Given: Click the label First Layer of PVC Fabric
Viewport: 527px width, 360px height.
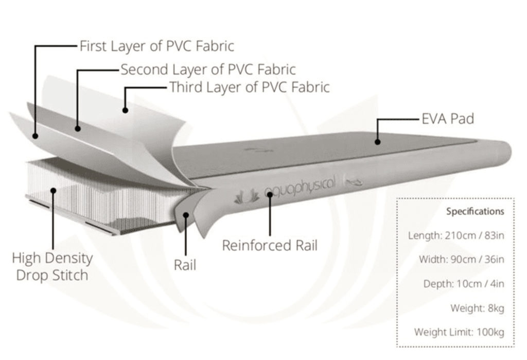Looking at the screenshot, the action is [x=156, y=46].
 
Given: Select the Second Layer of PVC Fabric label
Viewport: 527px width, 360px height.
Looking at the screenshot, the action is [x=208, y=70].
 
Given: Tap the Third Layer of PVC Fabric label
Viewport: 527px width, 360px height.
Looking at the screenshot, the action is [x=249, y=87].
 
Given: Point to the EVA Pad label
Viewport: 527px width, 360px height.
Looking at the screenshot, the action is [x=448, y=119].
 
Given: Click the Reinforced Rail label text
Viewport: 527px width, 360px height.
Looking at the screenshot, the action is [x=270, y=246].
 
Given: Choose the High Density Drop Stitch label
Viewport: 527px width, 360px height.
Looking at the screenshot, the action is [x=52, y=267].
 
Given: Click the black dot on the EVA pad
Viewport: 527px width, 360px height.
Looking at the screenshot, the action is [x=377, y=142].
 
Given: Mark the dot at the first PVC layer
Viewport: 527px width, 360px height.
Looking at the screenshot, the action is [x=36, y=136].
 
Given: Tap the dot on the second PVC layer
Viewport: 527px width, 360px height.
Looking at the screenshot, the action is [x=78, y=128].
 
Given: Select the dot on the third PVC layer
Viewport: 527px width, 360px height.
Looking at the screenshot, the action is [x=125, y=110].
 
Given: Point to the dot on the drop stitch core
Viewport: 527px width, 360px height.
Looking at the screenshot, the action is [x=53, y=191].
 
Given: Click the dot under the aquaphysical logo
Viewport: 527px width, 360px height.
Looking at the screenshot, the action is [x=270, y=194].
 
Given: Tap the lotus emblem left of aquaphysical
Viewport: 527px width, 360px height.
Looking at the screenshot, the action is [x=247, y=196].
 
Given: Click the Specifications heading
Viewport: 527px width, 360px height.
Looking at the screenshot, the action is [x=475, y=212].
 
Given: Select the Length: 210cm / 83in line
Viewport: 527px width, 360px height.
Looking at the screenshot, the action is [x=456, y=235].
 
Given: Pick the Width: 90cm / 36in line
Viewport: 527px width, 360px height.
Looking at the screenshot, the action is [x=462, y=260].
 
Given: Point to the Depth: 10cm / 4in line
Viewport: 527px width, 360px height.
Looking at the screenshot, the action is [x=464, y=284].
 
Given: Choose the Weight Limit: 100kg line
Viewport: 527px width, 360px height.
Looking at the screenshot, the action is [x=459, y=332].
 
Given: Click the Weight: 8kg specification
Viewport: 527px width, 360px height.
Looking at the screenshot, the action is [x=477, y=308].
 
